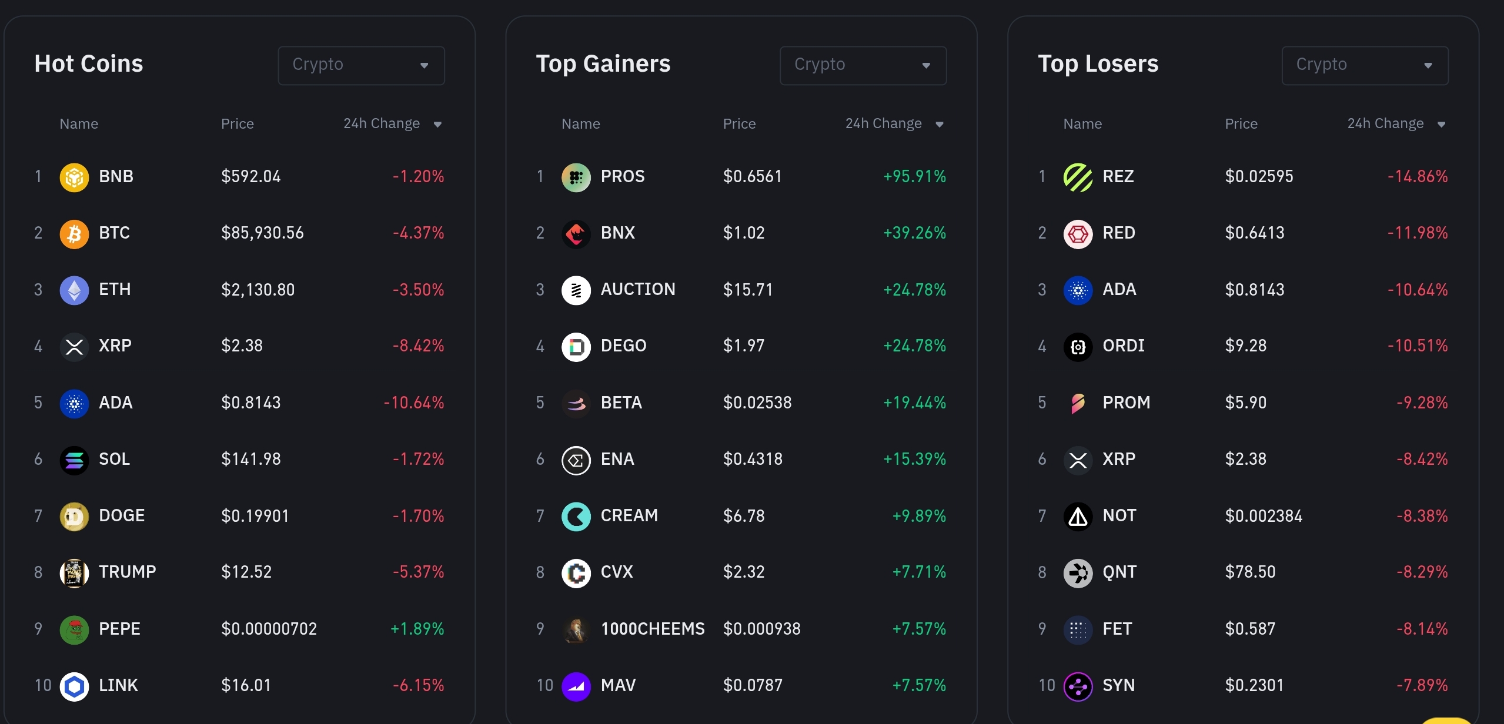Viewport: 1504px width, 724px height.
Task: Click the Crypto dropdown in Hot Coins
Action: click(361, 65)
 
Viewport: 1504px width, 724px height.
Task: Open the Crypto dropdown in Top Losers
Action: click(1365, 65)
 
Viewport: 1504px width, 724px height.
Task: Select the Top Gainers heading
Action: click(603, 63)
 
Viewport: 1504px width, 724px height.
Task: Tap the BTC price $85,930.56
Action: click(262, 233)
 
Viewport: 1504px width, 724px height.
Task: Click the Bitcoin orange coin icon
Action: click(75, 234)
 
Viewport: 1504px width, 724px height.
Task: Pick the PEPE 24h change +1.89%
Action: click(417, 629)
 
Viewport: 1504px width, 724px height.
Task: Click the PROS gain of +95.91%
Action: click(915, 177)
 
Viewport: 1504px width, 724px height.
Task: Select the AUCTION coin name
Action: click(638, 290)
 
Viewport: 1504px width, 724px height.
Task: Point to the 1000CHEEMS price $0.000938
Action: click(762, 629)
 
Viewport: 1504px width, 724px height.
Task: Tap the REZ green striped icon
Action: click(1078, 177)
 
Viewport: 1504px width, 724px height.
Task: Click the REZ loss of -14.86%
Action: click(1418, 177)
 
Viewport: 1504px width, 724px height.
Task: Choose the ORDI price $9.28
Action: click(1246, 346)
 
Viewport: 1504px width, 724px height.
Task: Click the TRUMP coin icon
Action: click(75, 573)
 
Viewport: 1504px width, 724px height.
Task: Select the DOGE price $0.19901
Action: click(255, 516)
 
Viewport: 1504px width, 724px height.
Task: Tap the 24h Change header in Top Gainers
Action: click(883, 124)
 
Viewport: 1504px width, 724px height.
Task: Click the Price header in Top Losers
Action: click(1241, 124)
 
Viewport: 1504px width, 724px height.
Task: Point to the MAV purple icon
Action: click(576, 686)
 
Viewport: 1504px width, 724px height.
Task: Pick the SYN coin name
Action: click(1119, 686)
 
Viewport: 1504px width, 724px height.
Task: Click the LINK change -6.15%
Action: click(418, 686)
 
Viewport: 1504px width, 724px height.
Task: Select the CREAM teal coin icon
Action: click(576, 517)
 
